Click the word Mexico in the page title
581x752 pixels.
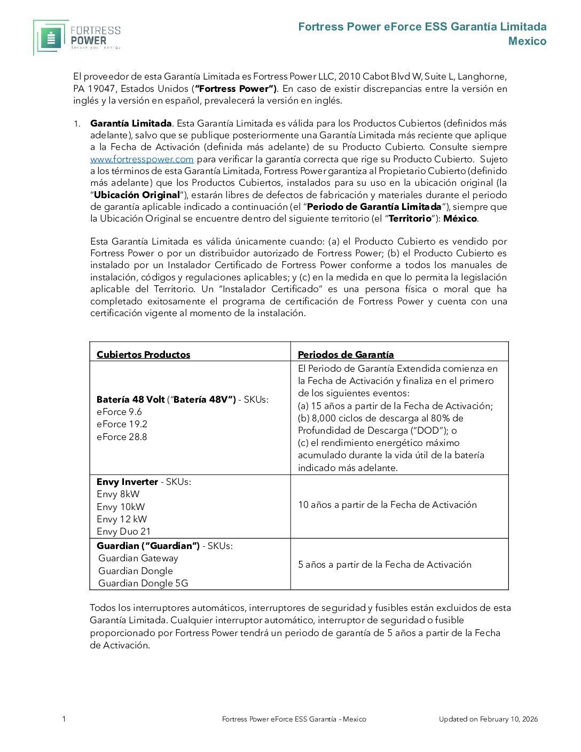coord(527,41)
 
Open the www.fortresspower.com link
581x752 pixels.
coord(142,159)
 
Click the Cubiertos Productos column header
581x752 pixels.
coord(143,355)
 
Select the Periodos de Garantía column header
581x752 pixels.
coord(346,355)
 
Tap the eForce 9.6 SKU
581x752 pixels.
coord(119,412)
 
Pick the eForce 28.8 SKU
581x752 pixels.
coord(122,437)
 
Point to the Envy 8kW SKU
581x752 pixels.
coord(118,494)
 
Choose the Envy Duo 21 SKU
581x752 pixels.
coord(123,531)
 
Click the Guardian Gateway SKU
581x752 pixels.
coord(138,558)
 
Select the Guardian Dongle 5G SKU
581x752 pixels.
coord(143,583)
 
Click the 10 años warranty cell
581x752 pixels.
coord(387,505)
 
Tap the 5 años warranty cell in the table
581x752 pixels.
coord(384,565)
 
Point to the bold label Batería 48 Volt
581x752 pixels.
coord(130,399)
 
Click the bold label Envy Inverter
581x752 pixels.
coord(127,482)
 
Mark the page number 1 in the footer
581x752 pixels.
coord(64,719)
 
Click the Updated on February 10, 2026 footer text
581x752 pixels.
coord(488,719)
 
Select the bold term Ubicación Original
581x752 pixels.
coord(137,195)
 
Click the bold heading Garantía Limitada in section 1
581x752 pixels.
coord(131,123)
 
